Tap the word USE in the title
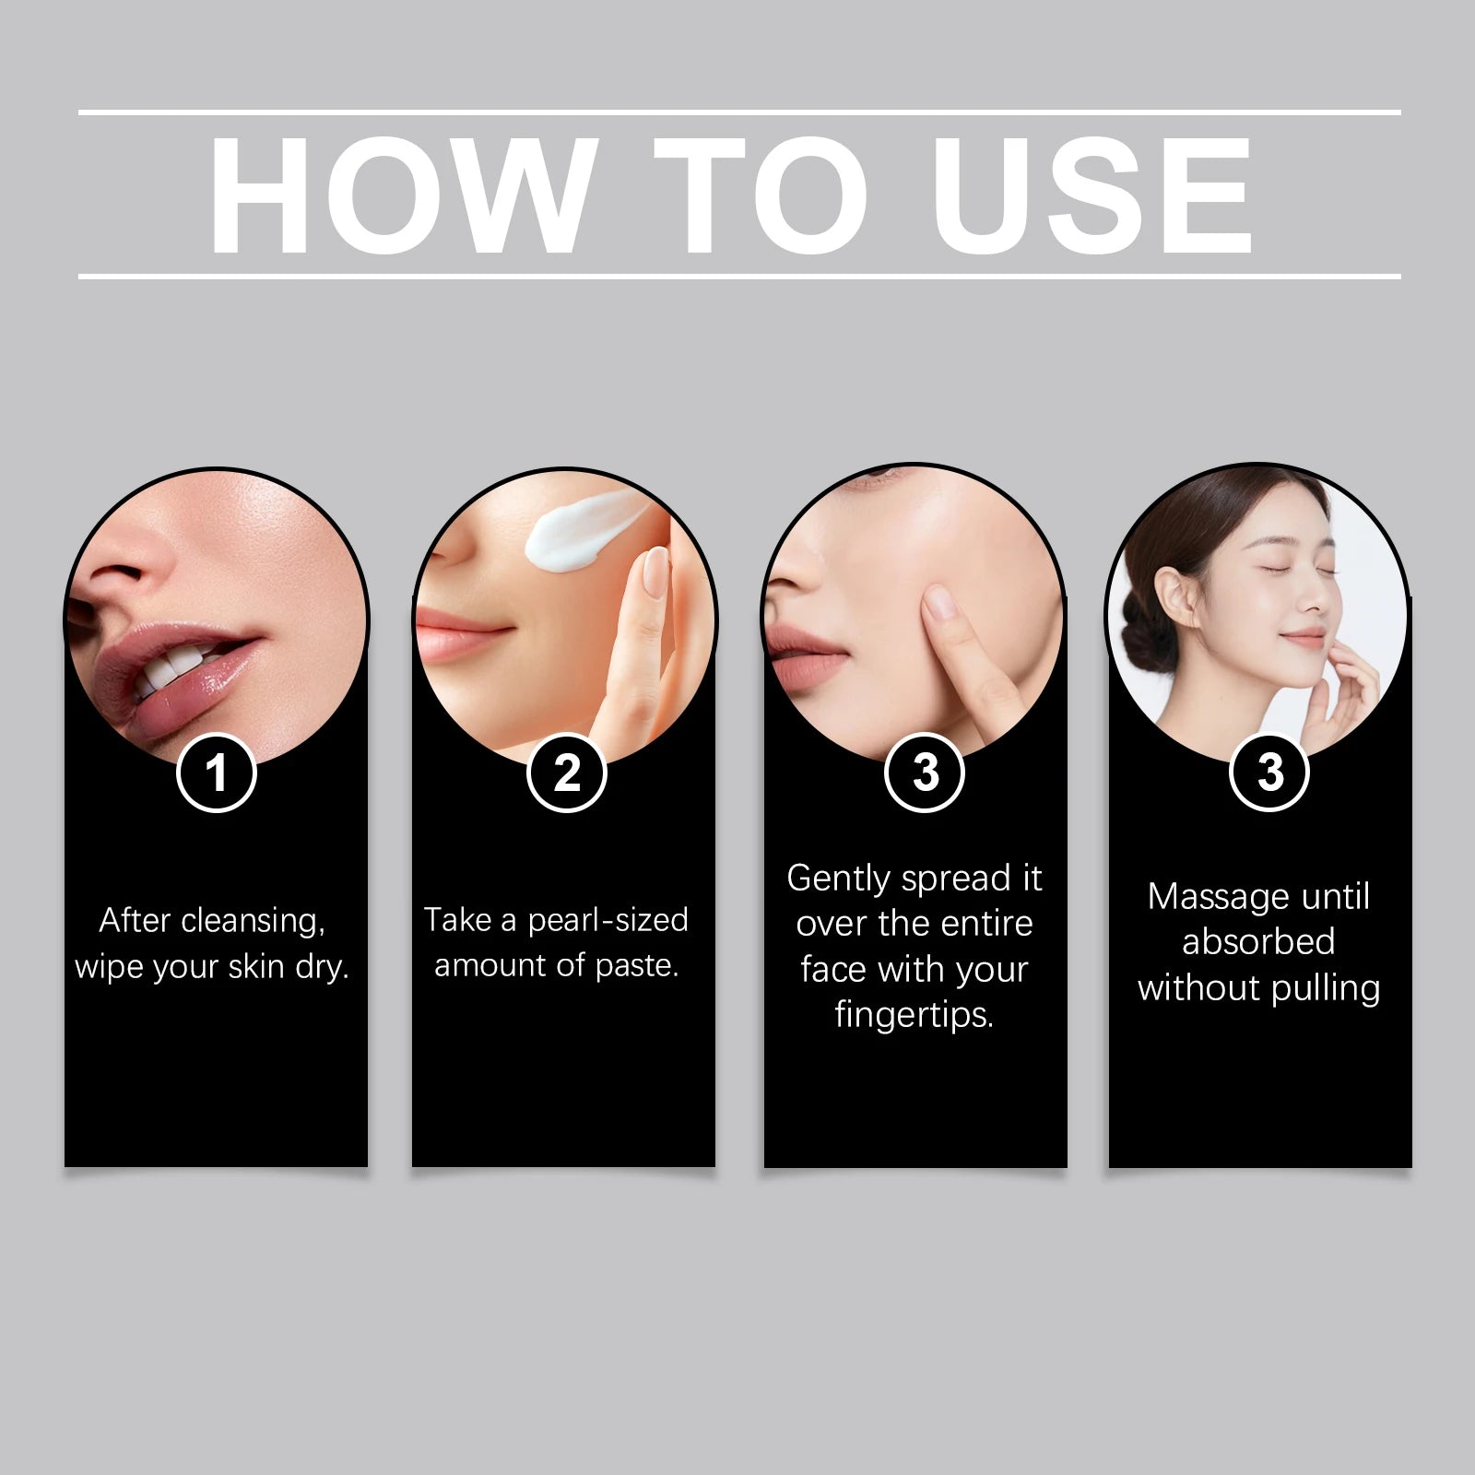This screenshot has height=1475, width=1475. pyautogui.click(x=1092, y=195)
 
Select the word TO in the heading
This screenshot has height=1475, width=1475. pyautogui.click(x=761, y=195)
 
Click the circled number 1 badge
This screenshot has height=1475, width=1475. pyautogui.click(x=217, y=773)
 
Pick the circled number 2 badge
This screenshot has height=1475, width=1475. pyautogui.click(x=567, y=773)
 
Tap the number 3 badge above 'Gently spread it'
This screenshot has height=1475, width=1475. pyautogui.click(x=925, y=772)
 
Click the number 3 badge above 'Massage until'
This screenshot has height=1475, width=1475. pyautogui.click(x=1270, y=772)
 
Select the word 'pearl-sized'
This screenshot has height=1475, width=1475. pyautogui.click(x=608, y=920)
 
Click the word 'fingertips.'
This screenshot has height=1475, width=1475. pyautogui.click(x=914, y=1015)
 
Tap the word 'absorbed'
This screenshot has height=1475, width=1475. pyautogui.click(x=1258, y=941)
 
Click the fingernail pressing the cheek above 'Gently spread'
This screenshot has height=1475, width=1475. pyautogui.click(x=940, y=603)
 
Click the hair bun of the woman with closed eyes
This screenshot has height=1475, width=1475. pyautogui.click(x=1138, y=650)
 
